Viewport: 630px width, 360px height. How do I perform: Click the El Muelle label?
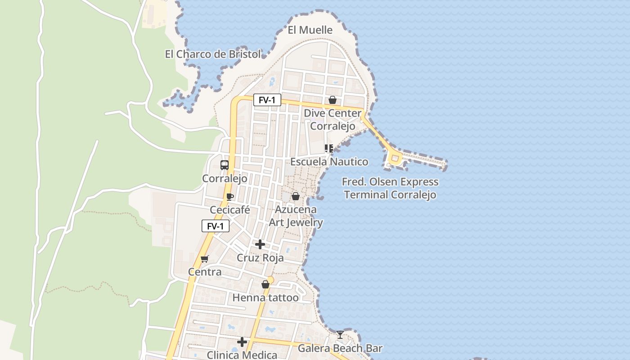310,30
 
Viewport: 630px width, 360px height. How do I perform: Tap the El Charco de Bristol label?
213,54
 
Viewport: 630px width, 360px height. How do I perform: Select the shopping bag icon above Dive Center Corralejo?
333,100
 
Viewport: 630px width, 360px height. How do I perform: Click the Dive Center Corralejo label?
333,120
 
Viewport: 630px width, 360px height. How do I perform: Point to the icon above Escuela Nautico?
329,148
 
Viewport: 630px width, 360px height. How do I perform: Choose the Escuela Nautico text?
329,162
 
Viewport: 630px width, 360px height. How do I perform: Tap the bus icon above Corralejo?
225,165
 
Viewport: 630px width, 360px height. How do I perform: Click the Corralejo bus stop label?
225,178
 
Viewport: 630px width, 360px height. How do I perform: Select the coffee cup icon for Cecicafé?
230,197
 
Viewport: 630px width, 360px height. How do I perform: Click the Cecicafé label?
230,210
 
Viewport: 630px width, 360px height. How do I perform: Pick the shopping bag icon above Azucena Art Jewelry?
296,196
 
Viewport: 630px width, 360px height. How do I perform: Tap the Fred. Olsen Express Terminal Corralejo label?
390,188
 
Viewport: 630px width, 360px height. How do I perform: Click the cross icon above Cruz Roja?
260,244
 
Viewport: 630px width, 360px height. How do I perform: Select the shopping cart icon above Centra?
205,259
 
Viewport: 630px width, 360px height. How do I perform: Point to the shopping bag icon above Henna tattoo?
265,284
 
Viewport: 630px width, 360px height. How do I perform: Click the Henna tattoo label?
265,297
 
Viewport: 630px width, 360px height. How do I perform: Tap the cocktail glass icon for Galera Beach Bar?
340,335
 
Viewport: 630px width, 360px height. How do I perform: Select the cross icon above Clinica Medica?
242,342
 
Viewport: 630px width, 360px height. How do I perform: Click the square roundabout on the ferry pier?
395,158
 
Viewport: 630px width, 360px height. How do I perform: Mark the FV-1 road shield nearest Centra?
216,226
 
